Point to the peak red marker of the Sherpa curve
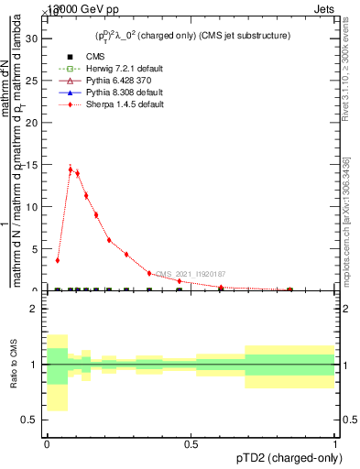pyautogui.click(x=71, y=169)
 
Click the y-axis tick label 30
pyautogui.click(x=30, y=38)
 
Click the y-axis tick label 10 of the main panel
pyautogui.click(x=30, y=207)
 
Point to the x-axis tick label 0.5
pyautogui.click(x=191, y=443)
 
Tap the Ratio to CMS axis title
pyautogui.click(x=12, y=364)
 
